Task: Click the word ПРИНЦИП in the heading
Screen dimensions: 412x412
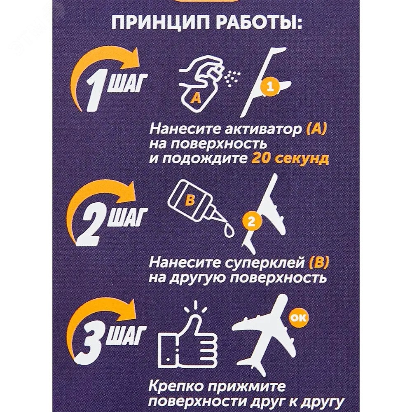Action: pos(160,23)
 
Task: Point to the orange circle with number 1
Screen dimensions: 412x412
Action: pos(270,87)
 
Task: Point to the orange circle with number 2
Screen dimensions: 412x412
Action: pos(251,222)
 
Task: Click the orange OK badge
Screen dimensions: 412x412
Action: pos(298,318)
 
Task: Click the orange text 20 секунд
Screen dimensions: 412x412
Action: pos(290,159)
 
